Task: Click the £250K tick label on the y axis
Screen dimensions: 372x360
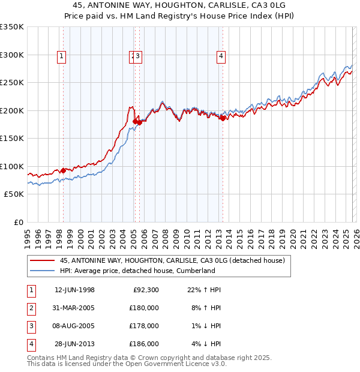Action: pos(12,83)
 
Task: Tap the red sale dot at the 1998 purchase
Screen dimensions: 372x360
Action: pos(64,170)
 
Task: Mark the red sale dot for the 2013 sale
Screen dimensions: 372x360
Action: pos(223,118)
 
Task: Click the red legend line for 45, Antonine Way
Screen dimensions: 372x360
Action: pos(43,261)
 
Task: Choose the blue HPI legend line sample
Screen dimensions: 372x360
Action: pos(43,271)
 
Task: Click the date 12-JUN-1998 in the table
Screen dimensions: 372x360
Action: pos(74,290)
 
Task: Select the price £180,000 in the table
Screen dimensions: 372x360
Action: pos(144,308)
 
